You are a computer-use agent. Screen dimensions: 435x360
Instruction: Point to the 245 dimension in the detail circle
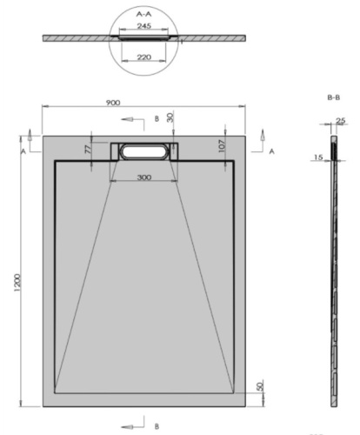144,27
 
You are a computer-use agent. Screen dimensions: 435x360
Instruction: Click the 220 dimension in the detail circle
144,57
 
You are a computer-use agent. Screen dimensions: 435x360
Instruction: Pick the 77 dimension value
89,150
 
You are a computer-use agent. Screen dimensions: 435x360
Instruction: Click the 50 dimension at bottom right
258,386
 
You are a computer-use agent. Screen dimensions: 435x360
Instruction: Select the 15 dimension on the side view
319,157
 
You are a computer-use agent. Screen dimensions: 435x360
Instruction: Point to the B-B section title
333,99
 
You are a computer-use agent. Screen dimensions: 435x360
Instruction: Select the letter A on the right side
271,151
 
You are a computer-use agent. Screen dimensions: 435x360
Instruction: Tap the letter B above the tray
155,117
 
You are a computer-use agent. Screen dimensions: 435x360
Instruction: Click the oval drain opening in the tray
143,151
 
